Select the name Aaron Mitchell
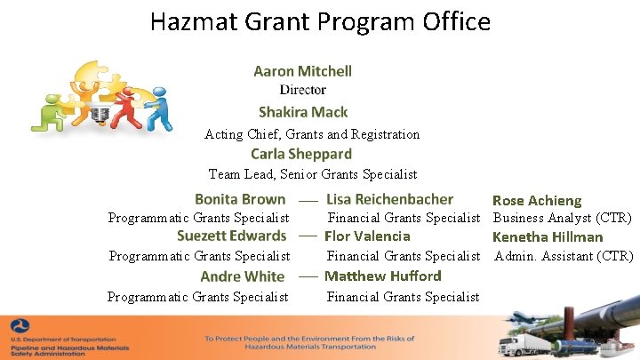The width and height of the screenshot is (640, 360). point(302,71)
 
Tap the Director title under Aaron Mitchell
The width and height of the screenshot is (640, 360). point(302,90)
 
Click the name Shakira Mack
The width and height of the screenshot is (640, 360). point(302,112)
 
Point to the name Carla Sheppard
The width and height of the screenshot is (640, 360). point(301,154)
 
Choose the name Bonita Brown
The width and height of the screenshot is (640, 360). point(240,199)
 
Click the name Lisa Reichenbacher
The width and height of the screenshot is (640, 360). point(389,199)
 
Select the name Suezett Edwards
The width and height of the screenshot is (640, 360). point(231,236)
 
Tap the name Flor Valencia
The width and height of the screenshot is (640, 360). point(367,236)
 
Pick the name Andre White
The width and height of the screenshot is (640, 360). point(242,276)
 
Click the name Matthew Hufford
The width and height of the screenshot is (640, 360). point(382,276)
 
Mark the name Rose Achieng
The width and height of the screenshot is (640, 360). point(537,201)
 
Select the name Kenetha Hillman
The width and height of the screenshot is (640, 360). point(548,237)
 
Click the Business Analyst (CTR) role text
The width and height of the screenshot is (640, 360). point(562,218)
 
